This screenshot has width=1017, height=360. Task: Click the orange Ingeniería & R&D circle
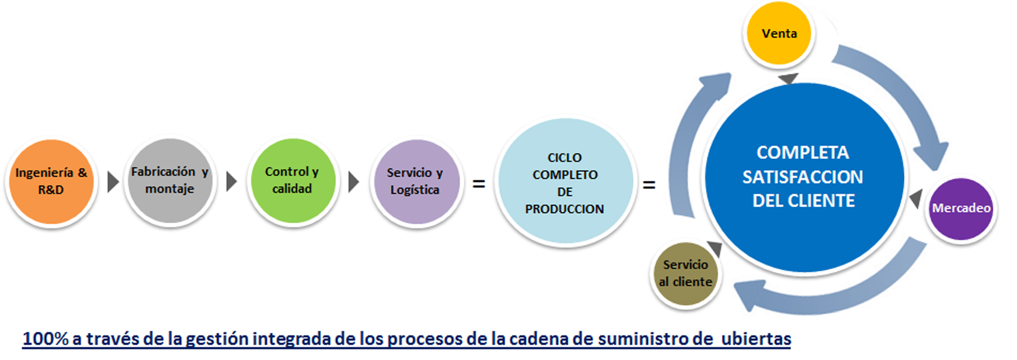(x=51, y=181)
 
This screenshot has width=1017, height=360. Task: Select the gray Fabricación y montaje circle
(x=170, y=180)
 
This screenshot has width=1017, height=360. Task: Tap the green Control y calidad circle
(x=293, y=180)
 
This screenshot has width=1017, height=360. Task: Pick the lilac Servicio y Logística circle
(x=416, y=181)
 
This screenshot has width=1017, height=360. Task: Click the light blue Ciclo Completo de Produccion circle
(x=565, y=181)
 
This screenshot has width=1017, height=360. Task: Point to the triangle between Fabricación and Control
(x=231, y=181)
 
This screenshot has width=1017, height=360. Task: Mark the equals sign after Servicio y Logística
(x=479, y=183)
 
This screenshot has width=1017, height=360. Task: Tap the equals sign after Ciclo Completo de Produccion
(x=649, y=184)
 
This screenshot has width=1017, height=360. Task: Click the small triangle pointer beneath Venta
(x=788, y=78)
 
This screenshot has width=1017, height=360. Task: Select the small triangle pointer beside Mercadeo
(x=917, y=198)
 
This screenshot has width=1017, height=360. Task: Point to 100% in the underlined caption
(x=45, y=339)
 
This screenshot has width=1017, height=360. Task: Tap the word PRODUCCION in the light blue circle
(x=565, y=209)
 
